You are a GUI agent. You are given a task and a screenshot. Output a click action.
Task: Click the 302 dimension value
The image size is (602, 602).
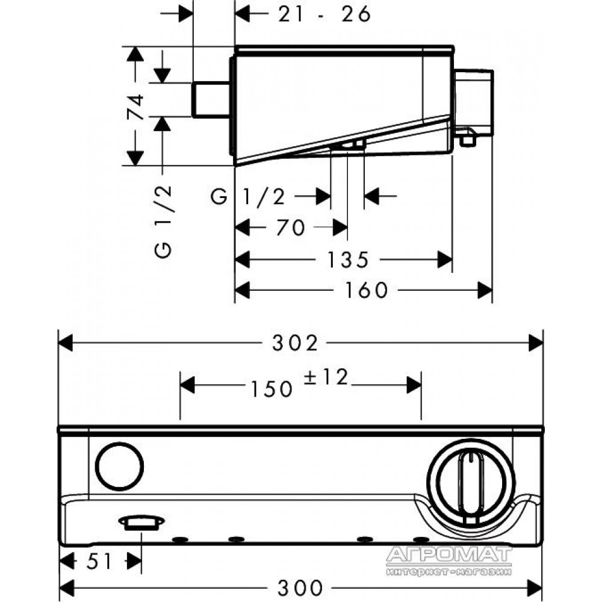coord(295,343)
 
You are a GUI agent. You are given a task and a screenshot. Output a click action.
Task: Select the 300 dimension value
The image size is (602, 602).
coord(300,588)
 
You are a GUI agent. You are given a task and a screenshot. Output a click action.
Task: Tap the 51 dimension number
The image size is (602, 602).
coord(99,562)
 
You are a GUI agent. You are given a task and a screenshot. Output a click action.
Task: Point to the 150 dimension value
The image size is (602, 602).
coord(272,389)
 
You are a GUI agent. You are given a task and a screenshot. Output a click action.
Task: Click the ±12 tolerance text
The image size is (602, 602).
coord(326,377)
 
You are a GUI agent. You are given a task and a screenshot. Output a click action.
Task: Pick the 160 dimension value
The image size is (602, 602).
coord(366,290)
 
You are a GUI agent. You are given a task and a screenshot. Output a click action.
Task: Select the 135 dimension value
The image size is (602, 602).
coord(348,260)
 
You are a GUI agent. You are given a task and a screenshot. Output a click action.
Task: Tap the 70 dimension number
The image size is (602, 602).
coord(291,228)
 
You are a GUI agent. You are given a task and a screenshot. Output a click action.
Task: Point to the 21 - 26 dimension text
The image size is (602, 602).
coord(324,14)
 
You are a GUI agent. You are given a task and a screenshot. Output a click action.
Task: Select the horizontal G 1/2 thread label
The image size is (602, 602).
coord(248,197)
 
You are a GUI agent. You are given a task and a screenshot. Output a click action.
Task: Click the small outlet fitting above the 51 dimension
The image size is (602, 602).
coord(141,523)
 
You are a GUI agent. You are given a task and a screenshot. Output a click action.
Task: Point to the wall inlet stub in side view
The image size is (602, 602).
coord(211,99)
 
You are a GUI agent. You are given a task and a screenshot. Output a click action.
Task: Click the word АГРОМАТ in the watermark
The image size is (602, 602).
coord(449,554)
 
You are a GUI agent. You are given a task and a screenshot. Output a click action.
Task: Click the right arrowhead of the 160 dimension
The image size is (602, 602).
coord(485,290)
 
